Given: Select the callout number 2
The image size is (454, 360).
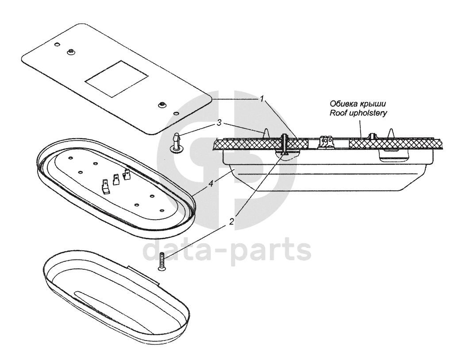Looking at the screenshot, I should point(231,221).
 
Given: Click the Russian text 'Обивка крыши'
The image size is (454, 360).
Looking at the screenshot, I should point(358,104).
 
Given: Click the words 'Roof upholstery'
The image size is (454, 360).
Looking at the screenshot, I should point(358,113).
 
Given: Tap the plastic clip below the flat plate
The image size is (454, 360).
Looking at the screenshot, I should point(177,142).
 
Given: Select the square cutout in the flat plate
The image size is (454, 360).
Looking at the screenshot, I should point(116,79).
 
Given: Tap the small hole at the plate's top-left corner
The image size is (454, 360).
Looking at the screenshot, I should point(57,45).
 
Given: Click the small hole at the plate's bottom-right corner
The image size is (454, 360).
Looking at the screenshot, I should point(177,114).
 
